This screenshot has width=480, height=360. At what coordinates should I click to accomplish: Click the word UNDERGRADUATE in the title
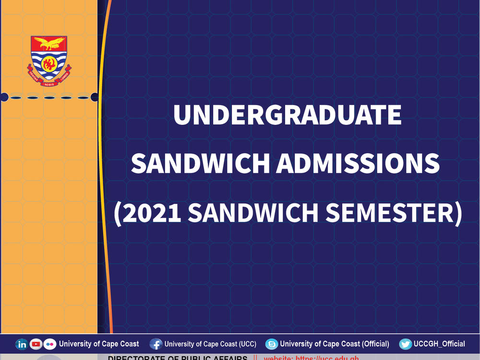(287, 116)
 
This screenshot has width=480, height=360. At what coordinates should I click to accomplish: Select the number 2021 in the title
(152, 213)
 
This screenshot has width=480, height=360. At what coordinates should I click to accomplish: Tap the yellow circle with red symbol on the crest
(49, 63)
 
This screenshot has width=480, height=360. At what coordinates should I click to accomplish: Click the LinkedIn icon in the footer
(22, 344)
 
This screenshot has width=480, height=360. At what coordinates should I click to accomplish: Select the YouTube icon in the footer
(36, 344)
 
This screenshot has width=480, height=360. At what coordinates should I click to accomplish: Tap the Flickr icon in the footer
(50, 344)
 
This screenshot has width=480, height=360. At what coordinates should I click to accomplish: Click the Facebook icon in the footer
(156, 344)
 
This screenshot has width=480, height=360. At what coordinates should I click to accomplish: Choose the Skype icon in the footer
(272, 344)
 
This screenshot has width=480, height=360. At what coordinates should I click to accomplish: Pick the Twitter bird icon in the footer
(406, 344)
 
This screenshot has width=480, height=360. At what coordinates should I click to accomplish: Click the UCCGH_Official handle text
(439, 344)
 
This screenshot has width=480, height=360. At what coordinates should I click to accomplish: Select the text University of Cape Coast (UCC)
(210, 344)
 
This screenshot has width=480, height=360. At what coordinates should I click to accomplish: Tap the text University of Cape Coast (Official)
(335, 344)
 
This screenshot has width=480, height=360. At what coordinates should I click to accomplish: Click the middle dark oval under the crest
(49, 97)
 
